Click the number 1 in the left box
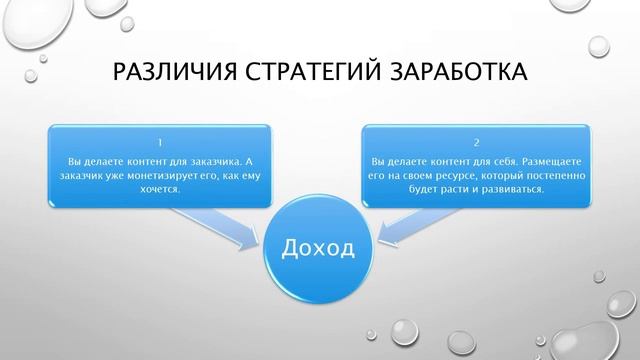160,142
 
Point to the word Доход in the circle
319,245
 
